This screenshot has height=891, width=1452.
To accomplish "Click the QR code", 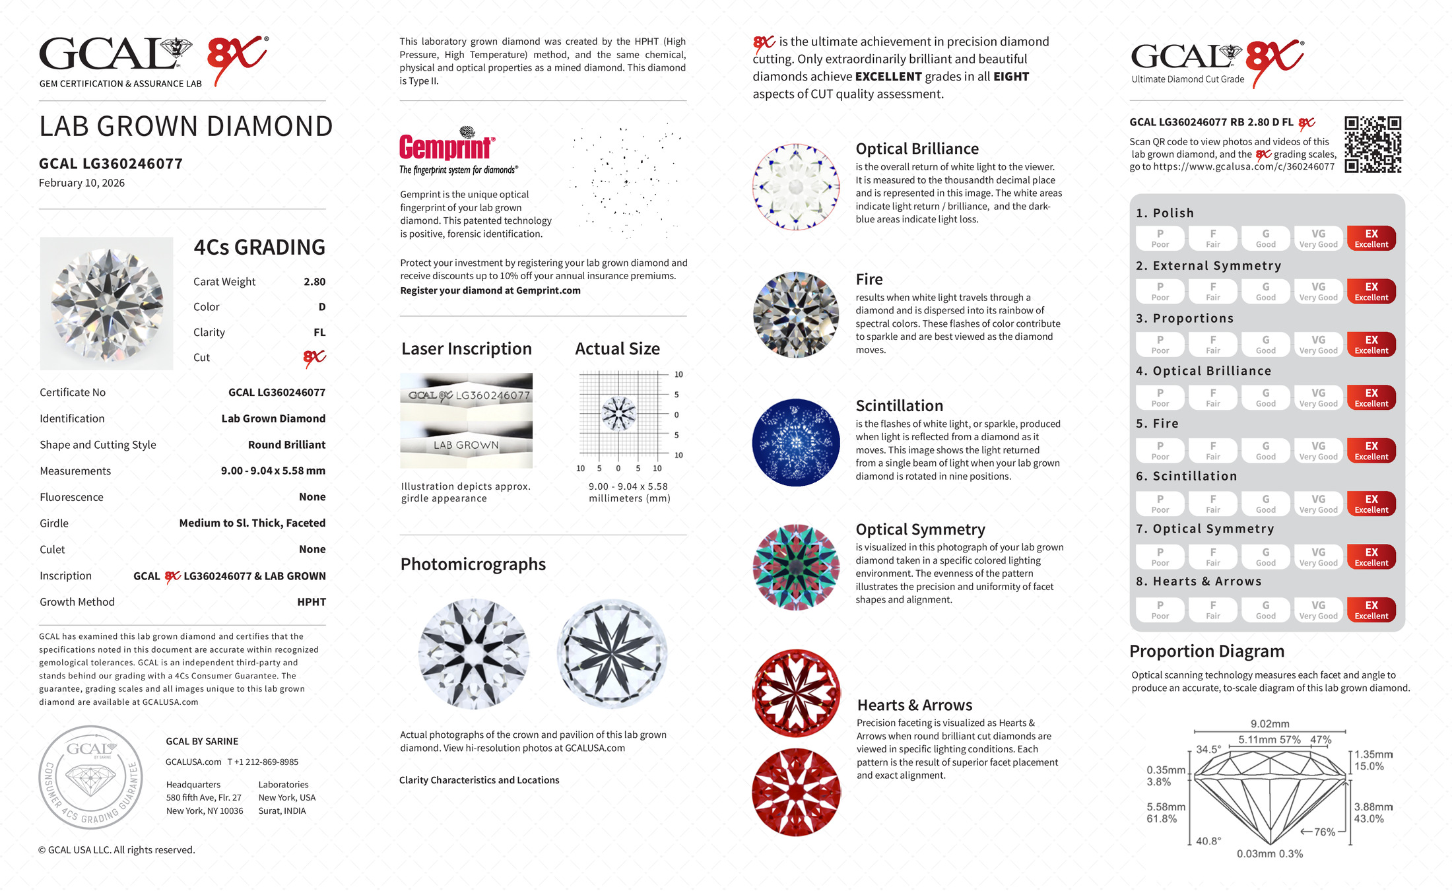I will (x=1373, y=145).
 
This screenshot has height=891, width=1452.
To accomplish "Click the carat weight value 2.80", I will (x=314, y=282).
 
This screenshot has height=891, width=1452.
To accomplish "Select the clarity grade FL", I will (x=319, y=333).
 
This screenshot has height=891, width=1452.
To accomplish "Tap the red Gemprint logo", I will (x=446, y=147).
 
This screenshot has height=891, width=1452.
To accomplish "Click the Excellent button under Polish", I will (x=1371, y=238).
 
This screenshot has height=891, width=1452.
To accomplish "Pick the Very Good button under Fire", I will (x=1318, y=451).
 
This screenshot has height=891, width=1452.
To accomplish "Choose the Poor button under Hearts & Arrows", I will (x=1160, y=610).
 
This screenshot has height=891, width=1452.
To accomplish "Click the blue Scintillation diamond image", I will (x=796, y=442).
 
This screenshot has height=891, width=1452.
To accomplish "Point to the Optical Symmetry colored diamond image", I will (x=796, y=567).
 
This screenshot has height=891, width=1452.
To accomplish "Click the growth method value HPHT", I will (x=312, y=602).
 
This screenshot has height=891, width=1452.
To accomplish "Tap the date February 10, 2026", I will (x=82, y=183).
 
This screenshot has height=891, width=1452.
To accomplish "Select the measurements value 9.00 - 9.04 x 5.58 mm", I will (x=273, y=471).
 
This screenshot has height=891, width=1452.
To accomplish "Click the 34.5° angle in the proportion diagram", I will (x=1208, y=750).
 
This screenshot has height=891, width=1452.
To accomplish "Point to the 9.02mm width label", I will (x=1269, y=724).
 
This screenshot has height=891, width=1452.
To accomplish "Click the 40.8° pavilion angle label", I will (x=1208, y=841).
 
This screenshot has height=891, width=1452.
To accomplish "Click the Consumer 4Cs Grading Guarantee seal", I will (x=90, y=777).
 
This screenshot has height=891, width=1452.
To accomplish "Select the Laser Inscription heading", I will (x=466, y=348).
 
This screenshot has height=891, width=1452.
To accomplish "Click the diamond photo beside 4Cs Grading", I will (x=106, y=304).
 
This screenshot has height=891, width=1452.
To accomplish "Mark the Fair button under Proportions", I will (x=1212, y=345).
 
